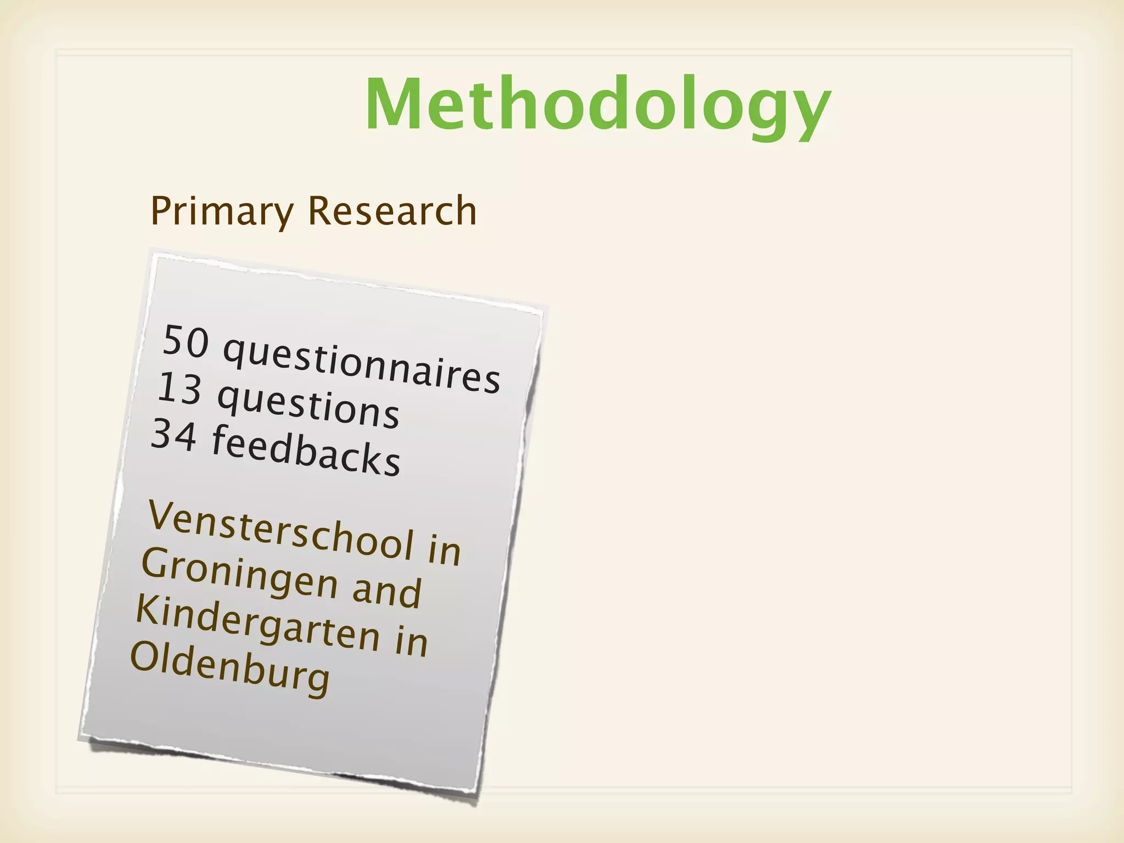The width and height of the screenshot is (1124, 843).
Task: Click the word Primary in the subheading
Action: (222, 212)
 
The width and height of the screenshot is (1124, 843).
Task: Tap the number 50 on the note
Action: (186, 341)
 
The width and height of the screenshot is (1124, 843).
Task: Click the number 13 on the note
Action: (179, 389)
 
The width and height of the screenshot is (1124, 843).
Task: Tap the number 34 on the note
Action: (173, 435)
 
